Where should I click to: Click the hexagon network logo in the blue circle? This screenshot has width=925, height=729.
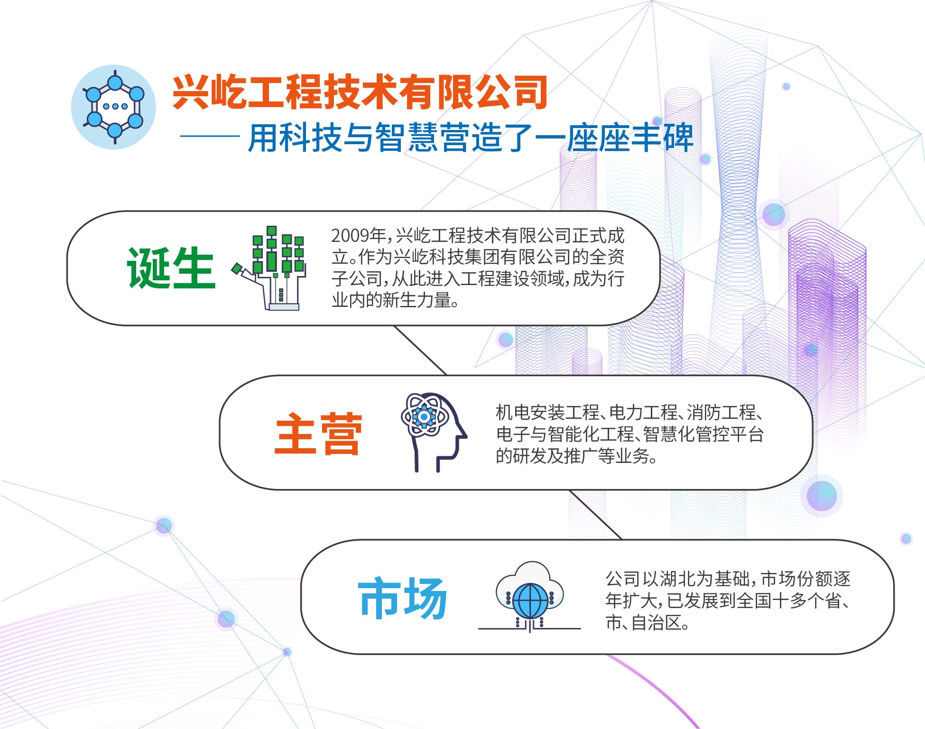coord(114,107)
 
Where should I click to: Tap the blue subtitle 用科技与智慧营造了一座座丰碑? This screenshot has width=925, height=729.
coord(471,138)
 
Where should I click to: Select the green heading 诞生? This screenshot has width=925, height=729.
coord(171,268)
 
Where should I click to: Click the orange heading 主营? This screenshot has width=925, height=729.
coord(318,434)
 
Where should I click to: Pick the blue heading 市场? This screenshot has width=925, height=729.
coord(402,598)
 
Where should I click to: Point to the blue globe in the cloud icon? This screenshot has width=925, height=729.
coord(530,600)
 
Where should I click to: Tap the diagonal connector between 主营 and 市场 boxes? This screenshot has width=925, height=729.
coord(595,515)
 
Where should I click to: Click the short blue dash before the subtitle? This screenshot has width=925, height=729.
coord(210,136)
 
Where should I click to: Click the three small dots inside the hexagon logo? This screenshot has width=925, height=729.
coord(115,106)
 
